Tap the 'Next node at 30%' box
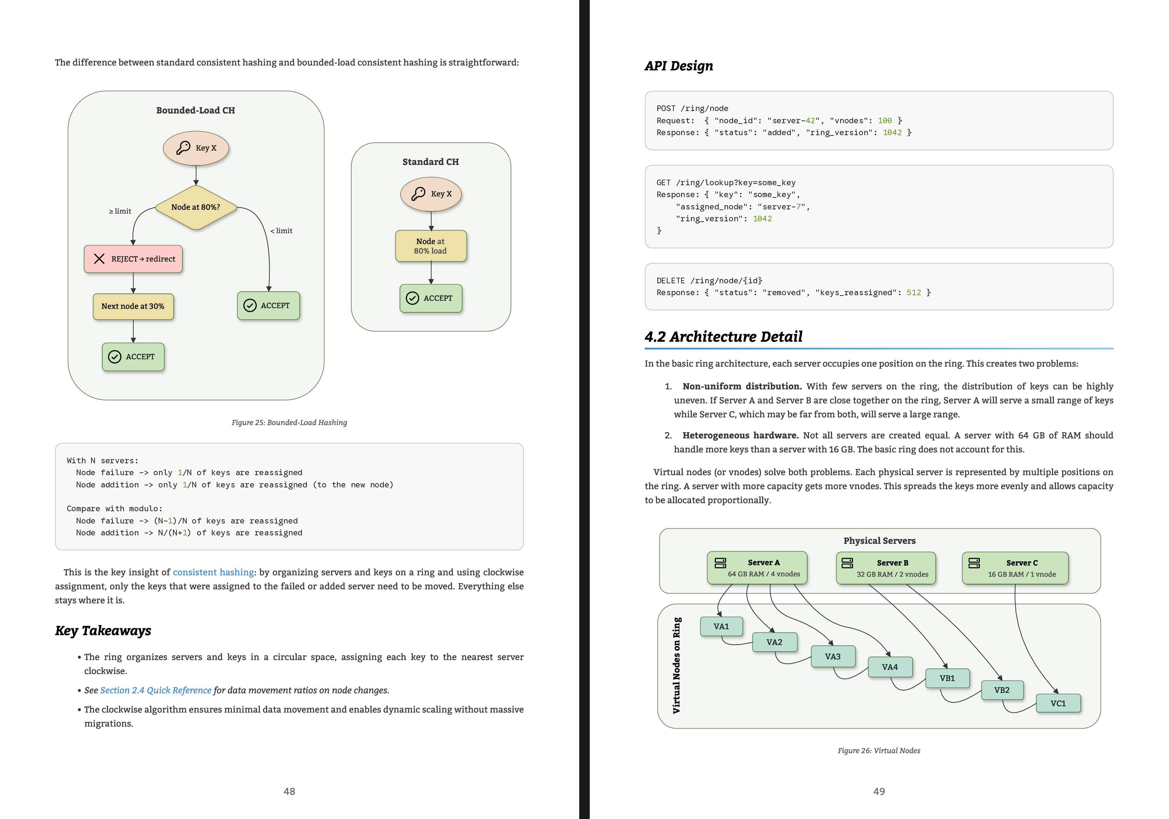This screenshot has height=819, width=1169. point(133,306)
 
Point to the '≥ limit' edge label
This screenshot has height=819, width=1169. point(120,211)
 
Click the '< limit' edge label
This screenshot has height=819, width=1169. point(282,231)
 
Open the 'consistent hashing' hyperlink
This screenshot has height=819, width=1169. point(213,572)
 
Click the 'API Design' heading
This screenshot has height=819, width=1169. point(679,66)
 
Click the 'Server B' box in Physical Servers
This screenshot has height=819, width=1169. point(886,568)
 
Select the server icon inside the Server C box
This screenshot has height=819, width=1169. point(974,563)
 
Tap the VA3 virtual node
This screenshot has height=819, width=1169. point(833,657)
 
